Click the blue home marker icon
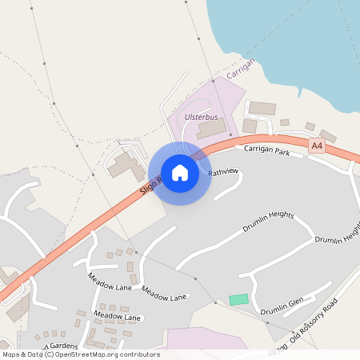pyautogui.click(x=180, y=173)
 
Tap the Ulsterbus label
pyautogui.click(x=201, y=117)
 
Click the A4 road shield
pyautogui.click(x=318, y=146)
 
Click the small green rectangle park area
pyautogui.click(x=238, y=299)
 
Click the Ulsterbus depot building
pyautogui.click(x=212, y=128)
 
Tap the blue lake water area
pyautogui.click(x=296, y=40)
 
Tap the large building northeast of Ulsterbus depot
pyautogui.click(x=262, y=108)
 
